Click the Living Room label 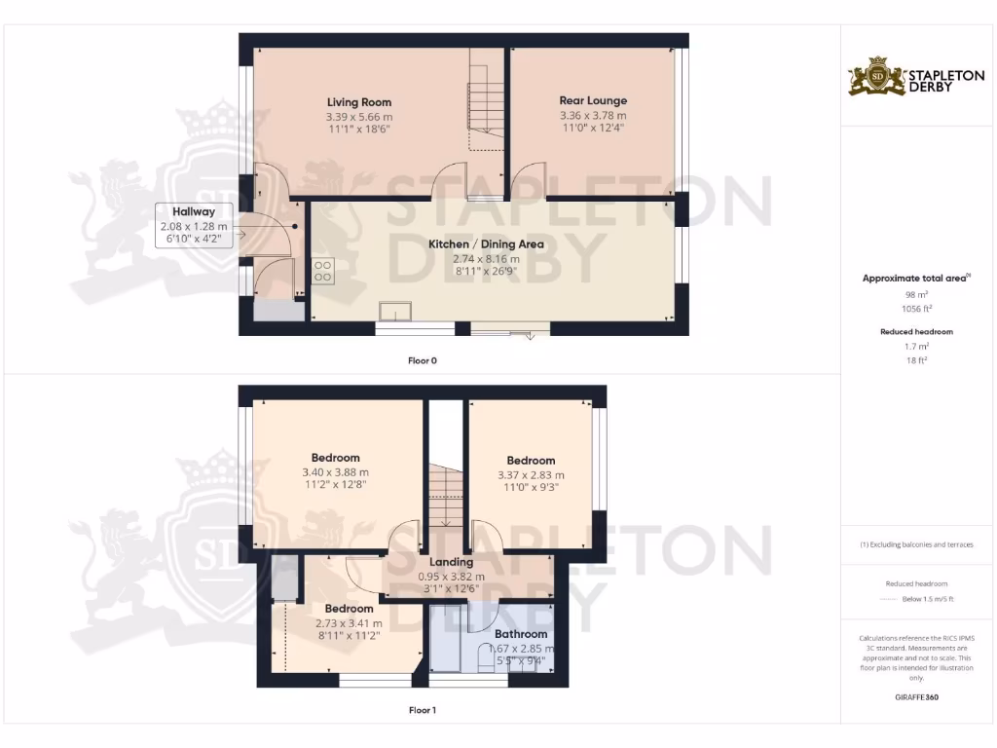coord(359,102)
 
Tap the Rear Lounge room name coord(593,100)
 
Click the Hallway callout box coord(195,226)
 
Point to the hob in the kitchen coord(323,272)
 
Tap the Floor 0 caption coord(422,360)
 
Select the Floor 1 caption coord(422,710)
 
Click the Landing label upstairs coord(452,562)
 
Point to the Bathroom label coord(521,634)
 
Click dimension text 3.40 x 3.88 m coord(336,472)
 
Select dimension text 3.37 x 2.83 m coord(531,475)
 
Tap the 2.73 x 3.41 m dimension coord(349,623)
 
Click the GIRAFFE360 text coord(915,697)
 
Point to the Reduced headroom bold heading coord(915,332)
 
